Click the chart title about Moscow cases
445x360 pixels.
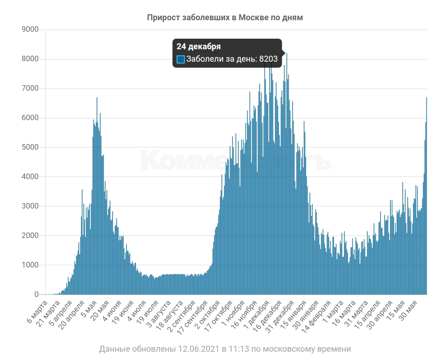pyautogui.click(x=225, y=17)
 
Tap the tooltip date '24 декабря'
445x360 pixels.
pyautogui.click(x=198, y=46)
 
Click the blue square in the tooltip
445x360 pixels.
pyautogui.click(x=181, y=59)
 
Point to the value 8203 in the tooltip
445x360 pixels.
pyautogui.click(x=268, y=59)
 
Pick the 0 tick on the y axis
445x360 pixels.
pyautogui.click(x=36, y=295)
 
